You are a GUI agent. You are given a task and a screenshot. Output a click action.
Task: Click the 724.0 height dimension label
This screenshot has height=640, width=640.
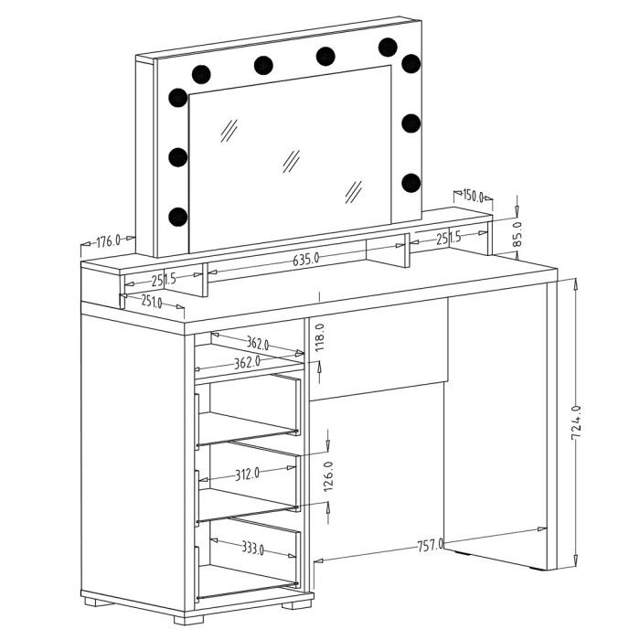(x=575, y=422)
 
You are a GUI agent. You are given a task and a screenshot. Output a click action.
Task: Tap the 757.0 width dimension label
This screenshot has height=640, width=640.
(x=430, y=545)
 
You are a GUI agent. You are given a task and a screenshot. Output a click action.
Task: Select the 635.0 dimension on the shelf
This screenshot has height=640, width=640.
(x=305, y=259)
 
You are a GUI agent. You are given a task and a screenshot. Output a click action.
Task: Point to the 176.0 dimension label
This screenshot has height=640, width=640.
(x=108, y=241)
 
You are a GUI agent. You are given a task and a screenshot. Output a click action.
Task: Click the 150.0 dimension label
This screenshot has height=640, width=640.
(x=473, y=196)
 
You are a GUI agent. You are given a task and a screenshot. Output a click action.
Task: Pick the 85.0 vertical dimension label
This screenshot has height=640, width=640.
(x=517, y=234)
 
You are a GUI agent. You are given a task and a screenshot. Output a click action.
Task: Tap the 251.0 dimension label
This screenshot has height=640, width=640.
(x=152, y=301)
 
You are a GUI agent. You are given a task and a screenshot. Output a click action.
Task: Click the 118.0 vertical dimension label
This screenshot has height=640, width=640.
(x=320, y=337)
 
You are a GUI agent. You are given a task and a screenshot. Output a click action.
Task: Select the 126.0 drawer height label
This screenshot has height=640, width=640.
(x=328, y=476)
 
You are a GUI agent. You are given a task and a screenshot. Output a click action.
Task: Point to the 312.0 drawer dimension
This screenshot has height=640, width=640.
(x=247, y=474)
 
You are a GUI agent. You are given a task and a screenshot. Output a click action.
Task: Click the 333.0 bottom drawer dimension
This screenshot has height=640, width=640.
(x=252, y=549)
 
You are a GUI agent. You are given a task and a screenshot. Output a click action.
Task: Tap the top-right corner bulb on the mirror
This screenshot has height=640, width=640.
(x=411, y=64)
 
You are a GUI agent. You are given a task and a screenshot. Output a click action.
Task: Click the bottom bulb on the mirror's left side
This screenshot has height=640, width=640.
(x=178, y=217)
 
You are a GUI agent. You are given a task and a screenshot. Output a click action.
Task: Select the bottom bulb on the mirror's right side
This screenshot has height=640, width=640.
(x=411, y=183)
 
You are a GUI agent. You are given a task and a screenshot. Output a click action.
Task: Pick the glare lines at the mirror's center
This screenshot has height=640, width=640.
(x=291, y=161)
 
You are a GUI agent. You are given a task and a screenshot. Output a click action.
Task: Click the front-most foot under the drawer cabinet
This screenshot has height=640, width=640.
(x=188, y=620)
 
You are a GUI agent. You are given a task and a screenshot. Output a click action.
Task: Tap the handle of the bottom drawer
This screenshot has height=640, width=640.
(x=197, y=573)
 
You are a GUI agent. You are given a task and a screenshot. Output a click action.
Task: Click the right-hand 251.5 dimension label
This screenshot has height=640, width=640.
(x=448, y=238)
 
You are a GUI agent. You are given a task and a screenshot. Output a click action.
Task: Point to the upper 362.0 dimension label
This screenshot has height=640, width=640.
(x=258, y=343)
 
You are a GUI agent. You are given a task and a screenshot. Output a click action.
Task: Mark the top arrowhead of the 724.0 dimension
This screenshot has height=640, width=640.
(x=575, y=283)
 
